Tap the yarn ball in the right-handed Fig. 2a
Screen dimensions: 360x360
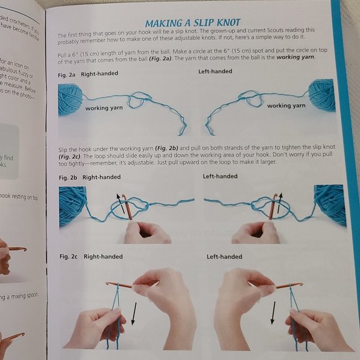point(70,99)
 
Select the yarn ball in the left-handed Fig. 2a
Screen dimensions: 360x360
point(322,95)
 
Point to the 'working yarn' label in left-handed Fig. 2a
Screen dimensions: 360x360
point(286,106)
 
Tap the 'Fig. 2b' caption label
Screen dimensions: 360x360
point(68,177)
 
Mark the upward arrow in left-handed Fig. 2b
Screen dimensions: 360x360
point(280,202)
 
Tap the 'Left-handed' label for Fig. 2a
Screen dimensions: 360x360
point(215,72)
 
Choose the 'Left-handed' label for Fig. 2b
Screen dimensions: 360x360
point(220,176)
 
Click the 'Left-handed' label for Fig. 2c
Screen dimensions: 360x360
point(224,256)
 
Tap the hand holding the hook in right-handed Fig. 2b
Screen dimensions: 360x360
point(146,232)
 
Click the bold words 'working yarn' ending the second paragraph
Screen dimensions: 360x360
point(297,58)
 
